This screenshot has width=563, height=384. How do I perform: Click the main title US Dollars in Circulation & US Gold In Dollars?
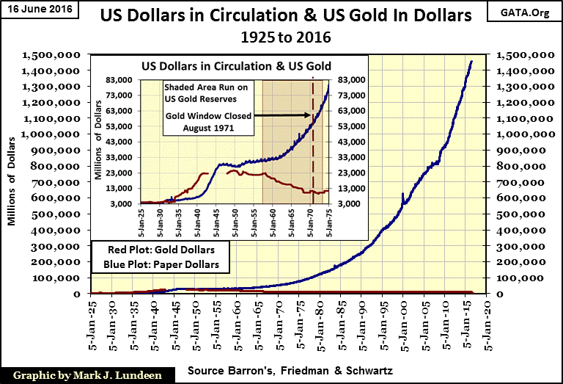click(283, 15)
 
